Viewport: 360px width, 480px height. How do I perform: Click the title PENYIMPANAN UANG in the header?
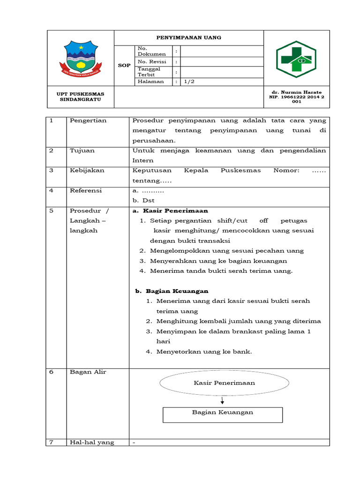[188, 37]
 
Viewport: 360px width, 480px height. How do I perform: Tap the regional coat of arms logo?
[81, 59]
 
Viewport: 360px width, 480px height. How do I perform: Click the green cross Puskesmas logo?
[296, 59]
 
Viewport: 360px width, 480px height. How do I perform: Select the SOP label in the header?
[124, 66]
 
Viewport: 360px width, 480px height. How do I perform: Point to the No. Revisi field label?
[149, 61]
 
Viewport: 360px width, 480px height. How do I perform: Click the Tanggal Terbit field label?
[149, 72]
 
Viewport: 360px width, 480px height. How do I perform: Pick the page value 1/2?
[188, 82]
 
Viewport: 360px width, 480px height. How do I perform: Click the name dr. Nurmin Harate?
[297, 92]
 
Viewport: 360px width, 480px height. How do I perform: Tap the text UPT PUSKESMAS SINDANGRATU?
[81, 97]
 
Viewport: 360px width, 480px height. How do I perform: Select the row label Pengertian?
[88, 120]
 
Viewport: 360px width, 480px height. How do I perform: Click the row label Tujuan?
[82, 150]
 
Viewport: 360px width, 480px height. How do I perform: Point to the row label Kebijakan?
[87, 171]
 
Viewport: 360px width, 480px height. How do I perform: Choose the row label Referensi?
[86, 190]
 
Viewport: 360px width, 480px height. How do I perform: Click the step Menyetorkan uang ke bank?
[204, 352]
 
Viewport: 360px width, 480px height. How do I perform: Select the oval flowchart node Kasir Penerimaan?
[224, 383]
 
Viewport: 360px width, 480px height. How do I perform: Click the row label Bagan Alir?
[88, 372]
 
